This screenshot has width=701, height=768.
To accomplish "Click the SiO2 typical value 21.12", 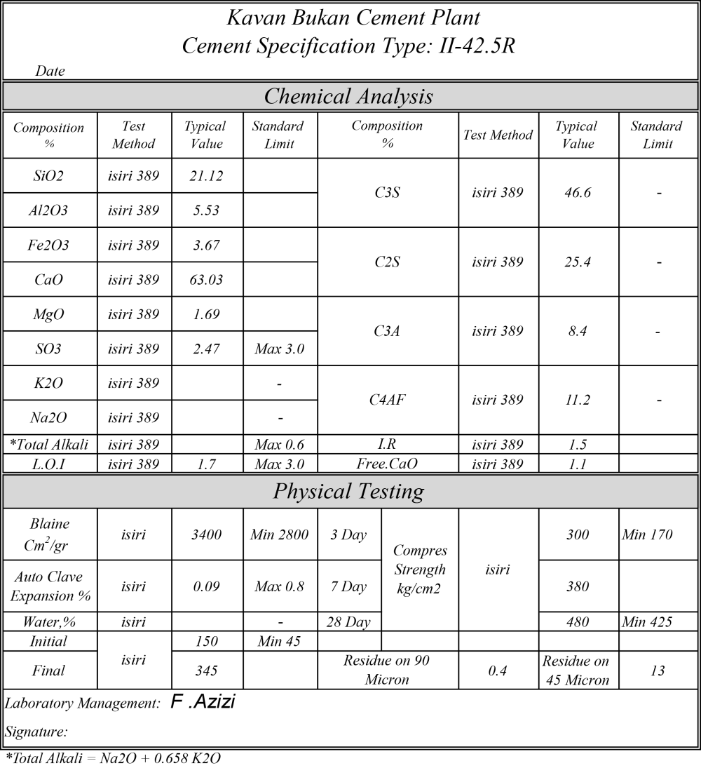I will click(206, 176).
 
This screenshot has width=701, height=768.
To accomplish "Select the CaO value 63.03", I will click(206, 280).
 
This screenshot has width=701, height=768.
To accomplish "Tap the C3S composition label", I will click(387, 193).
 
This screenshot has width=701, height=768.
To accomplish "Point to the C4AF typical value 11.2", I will click(578, 400).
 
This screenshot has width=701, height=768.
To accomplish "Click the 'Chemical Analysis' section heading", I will click(348, 96).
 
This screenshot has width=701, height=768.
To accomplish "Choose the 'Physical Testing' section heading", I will click(348, 492).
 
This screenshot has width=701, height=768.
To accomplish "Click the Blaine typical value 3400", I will click(206, 535).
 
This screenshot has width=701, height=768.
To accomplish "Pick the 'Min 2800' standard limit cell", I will click(279, 535).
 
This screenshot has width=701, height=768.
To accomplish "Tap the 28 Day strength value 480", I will click(578, 621).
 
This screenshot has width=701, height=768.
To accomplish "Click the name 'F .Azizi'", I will click(203, 702).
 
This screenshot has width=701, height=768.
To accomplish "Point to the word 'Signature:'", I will click(36, 732).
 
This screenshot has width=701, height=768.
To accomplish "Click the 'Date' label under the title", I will click(50, 71).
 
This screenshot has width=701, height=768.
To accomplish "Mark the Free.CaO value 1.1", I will click(578, 464).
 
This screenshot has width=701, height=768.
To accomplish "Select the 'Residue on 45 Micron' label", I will click(578, 671).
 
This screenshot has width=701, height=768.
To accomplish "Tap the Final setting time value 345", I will click(206, 671).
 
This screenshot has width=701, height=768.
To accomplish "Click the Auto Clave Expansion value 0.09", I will click(206, 586).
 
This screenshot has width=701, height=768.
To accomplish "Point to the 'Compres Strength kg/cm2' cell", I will click(419, 570).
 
